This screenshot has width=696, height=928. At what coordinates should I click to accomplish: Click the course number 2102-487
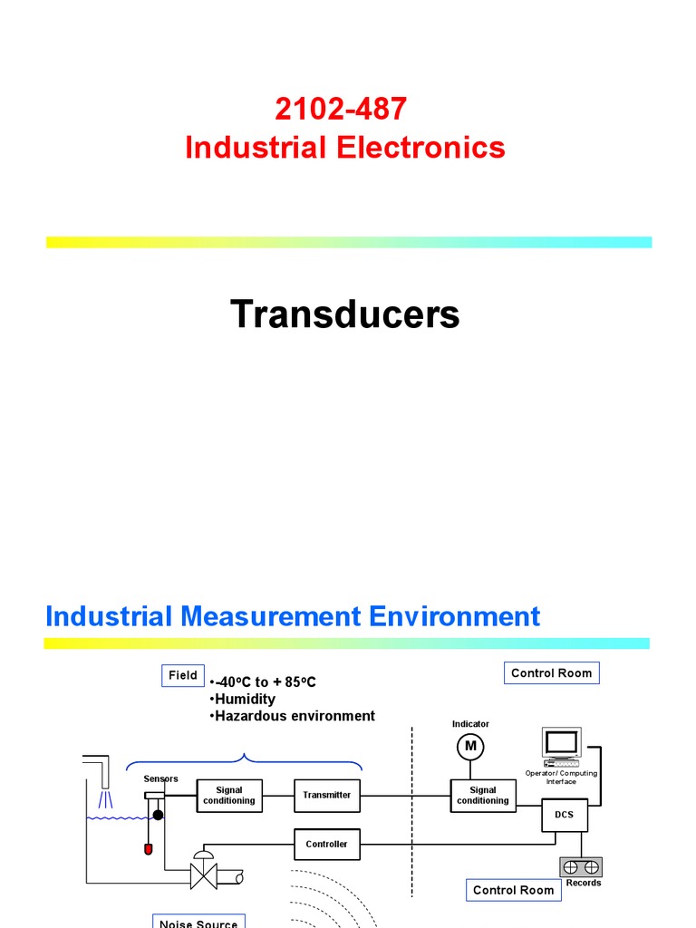click(341, 110)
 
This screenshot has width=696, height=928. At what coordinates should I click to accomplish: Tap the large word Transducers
click(344, 314)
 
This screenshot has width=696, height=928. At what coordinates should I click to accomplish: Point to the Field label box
click(182, 675)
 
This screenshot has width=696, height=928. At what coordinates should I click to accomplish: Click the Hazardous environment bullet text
click(293, 716)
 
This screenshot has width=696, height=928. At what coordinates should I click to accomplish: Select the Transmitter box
click(326, 795)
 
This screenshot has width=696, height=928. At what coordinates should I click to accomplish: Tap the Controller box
click(326, 844)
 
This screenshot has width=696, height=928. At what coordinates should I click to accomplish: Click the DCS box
click(565, 815)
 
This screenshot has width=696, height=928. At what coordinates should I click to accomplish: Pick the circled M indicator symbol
click(470, 747)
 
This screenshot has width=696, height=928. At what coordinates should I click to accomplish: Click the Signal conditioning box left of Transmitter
click(228, 795)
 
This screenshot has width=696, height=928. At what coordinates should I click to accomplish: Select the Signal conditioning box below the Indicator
click(482, 795)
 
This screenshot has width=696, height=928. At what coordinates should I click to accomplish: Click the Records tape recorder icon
click(581, 867)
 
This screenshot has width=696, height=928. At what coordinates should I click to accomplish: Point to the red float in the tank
click(149, 849)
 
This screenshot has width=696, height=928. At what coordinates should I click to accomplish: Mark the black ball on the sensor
click(158, 815)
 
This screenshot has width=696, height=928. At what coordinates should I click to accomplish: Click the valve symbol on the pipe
click(204, 875)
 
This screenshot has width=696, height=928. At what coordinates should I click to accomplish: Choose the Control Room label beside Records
click(513, 890)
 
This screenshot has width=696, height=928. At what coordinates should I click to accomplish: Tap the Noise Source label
click(198, 922)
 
